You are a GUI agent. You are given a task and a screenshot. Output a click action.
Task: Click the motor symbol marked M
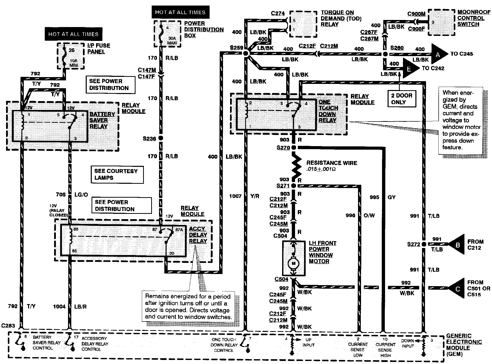pyautogui.click(x=294, y=263)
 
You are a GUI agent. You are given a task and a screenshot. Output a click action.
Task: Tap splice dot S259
pyautogui.click(x=245, y=53)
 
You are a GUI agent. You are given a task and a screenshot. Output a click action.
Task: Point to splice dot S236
pyautogui.click(x=161, y=138)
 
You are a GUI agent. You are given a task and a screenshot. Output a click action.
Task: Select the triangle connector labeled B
pyautogui.click(x=457, y=244)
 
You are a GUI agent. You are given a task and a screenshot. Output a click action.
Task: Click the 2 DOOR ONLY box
pyautogui.click(x=402, y=99)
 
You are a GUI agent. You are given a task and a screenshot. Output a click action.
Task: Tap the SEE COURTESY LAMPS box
pyautogui.click(x=117, y=174)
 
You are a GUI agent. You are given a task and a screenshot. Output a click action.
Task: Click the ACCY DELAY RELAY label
pyautogui.click(x=198, y=235)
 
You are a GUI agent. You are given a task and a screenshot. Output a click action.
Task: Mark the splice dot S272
pyautogui.click(x=424, y=244)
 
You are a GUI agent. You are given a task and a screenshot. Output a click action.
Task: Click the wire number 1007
pyautogui.click(x=235, y=196)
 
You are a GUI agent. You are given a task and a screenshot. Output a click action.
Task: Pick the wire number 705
pyautogui.click(x=61, y=194)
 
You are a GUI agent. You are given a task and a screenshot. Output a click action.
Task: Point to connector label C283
pyautogui.click(x=8, y=326)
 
